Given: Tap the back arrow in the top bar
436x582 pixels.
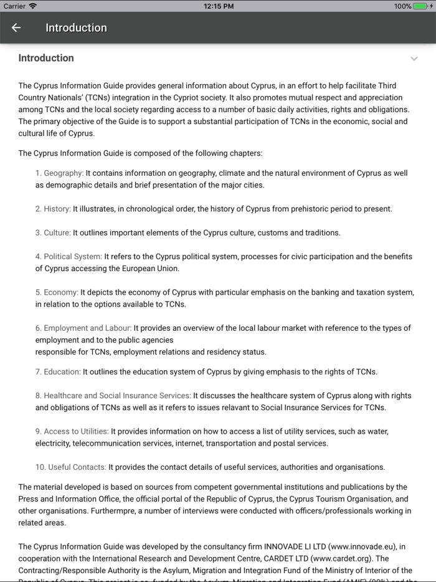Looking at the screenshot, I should click(x=16, y=27).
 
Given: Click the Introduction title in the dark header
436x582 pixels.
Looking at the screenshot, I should click(x=76, y=27).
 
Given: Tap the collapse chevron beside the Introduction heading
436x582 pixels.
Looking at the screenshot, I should click(x=414, y=59).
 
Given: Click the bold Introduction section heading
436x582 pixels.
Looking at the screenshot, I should click(x=46, y=58).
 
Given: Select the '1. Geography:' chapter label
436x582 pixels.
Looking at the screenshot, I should click(x=59, y=173).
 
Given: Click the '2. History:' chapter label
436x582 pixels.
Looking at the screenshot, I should click(x=53, y=209).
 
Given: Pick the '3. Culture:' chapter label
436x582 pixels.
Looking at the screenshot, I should click(x=53, y=232).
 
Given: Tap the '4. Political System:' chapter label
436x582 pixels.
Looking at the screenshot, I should click(x=69, y=256).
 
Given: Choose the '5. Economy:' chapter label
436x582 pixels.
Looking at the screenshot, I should click(x=57, y=292).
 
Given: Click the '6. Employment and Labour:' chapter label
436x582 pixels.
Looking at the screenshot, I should click(x=83, y=328).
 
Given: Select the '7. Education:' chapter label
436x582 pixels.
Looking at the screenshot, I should click(x=58, y=372).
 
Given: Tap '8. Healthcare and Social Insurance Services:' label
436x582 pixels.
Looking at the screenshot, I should click(x=113, y=396).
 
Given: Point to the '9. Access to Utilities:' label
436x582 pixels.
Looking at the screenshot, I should click(x=72, y=431).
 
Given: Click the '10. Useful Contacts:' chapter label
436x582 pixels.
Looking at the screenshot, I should click(x=70, y=467).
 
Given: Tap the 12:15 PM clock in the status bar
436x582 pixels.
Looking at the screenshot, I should click(x=219, y=6).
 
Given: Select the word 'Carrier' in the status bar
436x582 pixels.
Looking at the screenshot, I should click(x=15, y=6).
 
